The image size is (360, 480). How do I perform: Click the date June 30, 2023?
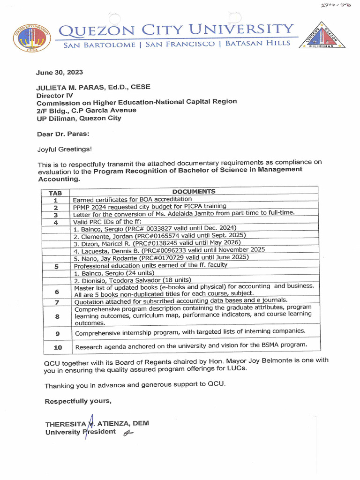[60, 72]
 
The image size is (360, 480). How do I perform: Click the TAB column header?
[55, 193]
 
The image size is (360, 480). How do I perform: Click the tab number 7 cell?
[56, 302]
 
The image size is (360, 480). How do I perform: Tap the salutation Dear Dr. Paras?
[63, 134]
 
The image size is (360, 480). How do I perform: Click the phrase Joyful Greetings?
[65, 150]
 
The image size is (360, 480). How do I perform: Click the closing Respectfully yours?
[78, 401]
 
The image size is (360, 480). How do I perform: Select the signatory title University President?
[80, 432]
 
